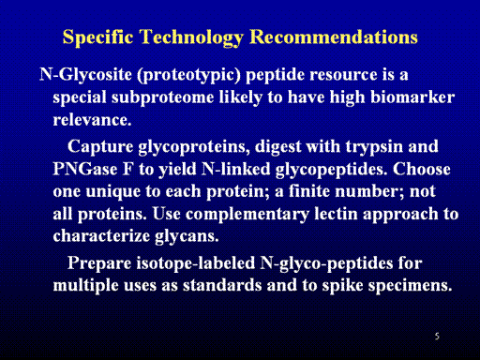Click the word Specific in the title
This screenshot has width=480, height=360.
(x=97, y=37)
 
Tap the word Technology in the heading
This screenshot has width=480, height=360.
(x=191, y=37)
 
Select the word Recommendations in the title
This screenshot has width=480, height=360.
(x=334, y=37)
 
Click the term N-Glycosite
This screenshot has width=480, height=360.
(x=85, y=76)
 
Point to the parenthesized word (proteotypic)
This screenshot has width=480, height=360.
(x=189, y=76)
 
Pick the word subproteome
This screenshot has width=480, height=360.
(x=162, y=98)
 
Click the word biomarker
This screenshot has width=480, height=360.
(x=412, y=97)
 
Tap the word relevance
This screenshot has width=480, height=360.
(x=92, y=120)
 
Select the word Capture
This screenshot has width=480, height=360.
(x=100, y=147)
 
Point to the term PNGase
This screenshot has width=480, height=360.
(x=85, y=169)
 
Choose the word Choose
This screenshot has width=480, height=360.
(x=422, y=169)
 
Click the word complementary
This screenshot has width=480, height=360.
(x=247, y=215)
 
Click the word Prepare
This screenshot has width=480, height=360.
(x=99, y=263)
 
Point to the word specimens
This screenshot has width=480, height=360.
(x=410, y=286)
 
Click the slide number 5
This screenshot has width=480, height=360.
(x=437, y=337)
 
